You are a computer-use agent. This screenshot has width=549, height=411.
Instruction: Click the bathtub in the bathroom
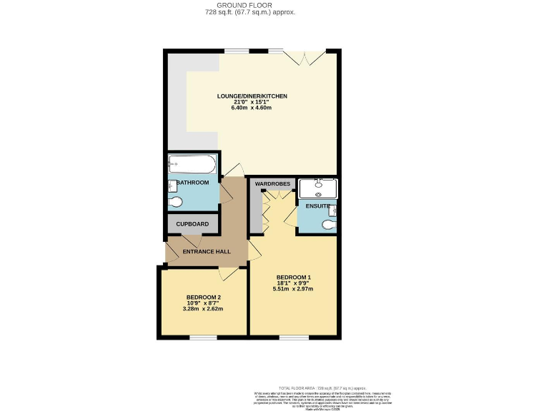click(192, 165)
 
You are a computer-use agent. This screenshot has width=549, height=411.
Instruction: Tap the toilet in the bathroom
click(176, 203)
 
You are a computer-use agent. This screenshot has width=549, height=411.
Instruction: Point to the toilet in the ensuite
click(329, 225)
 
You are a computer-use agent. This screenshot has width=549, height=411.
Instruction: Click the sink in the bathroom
click(172, 187)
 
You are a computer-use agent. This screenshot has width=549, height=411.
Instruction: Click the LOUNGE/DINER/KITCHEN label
click(252, 96)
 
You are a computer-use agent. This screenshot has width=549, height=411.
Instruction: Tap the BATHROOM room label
click(193, 183)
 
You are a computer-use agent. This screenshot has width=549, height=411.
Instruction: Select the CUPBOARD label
click(192, 224)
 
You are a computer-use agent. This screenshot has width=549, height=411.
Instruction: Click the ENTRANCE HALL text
click(206, 251)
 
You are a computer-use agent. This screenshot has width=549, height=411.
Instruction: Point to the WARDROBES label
click(272, 183)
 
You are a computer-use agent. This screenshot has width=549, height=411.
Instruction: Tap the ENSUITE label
click(317, 206)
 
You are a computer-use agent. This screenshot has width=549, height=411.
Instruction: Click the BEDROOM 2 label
click(203, 297)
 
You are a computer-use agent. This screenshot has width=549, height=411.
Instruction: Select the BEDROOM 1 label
click(293, 277)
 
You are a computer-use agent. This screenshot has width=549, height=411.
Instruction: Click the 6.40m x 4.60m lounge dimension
click(252, 108)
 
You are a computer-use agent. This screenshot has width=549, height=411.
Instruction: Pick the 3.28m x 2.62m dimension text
click(203, 309)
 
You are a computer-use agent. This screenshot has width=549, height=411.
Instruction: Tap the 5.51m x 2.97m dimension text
click(293, 289)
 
